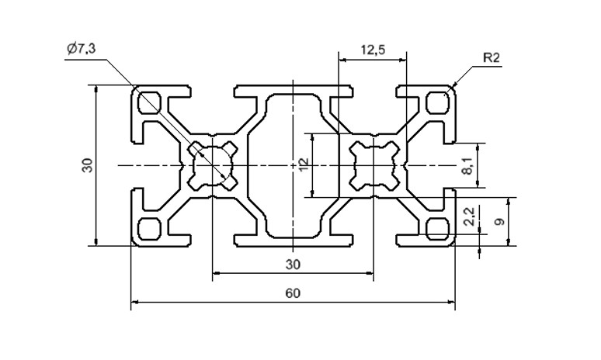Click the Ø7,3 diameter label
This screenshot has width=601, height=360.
(81, 49)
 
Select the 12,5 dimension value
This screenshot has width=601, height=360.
(373, 50)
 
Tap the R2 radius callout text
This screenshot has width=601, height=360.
(492, 58)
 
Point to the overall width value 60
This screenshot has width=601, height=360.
(293, 293)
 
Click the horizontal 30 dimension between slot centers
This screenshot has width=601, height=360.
(293, 265)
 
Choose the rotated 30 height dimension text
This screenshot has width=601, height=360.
(88, 165)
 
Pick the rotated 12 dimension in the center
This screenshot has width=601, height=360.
(304, 164)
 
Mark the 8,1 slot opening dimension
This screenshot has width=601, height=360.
(467, 166)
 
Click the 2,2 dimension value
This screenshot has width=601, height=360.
(469, 216)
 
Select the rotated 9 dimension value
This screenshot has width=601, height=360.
(499, 221)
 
